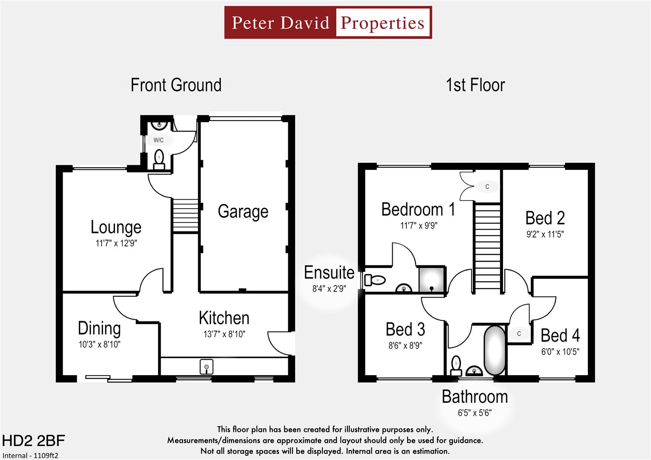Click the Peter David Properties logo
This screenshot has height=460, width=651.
328,23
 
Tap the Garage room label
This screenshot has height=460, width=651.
243,211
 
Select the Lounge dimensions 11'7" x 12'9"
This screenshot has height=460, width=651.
116,243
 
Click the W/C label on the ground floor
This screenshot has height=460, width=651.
158,140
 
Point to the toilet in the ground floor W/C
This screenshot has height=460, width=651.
159,158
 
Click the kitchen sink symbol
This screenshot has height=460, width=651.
206,367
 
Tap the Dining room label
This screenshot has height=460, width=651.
99,328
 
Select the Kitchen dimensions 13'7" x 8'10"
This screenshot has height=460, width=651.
224,334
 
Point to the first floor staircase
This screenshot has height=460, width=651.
487,247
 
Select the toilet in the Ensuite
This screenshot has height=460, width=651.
375,280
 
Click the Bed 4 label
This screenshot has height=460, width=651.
560,336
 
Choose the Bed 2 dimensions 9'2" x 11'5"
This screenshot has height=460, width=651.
545,234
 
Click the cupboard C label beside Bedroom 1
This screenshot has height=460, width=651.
487,187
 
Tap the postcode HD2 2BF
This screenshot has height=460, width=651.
33,441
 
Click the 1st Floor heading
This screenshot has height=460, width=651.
475,85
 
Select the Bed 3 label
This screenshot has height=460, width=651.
405,329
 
